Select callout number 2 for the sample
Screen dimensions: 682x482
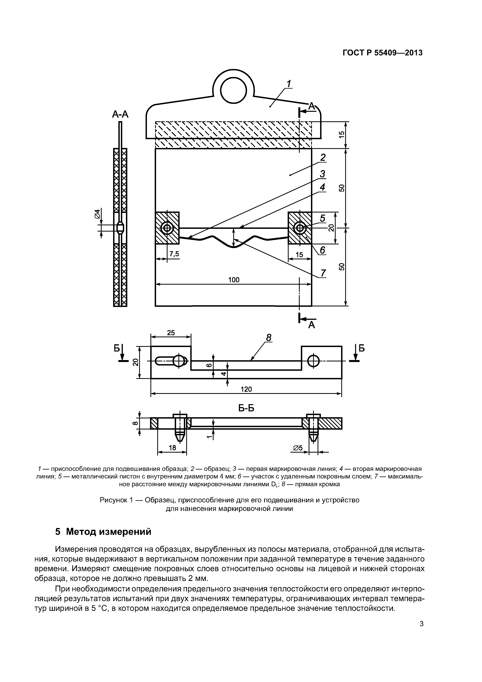point(323,157)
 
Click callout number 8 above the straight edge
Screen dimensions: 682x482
point(268,338)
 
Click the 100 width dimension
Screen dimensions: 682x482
point(234,280)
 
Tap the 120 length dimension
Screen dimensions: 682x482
point(246,389)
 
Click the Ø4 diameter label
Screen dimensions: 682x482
point(97,214)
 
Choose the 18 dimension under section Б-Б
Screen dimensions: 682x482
point(172,448)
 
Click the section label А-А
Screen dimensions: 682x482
point(120,114)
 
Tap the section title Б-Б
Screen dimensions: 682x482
point(246,408)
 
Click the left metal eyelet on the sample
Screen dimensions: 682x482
point(167,228)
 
